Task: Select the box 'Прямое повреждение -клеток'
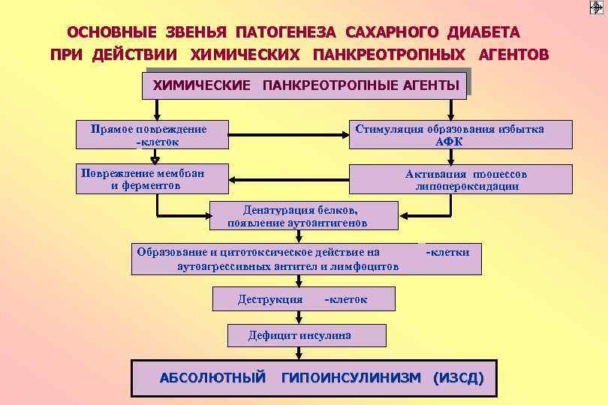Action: [152, 134]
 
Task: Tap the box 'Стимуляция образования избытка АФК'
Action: [449, 134]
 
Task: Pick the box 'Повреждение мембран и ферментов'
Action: [152, 178]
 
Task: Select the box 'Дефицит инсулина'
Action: [306, 335]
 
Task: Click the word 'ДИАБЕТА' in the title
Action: [483, 33]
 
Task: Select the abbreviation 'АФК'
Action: [449, 141]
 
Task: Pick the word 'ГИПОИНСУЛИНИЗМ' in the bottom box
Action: [351, 377]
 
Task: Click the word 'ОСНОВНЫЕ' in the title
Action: [112, 33]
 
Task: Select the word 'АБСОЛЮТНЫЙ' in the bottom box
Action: [212, 377]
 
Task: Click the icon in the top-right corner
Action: [597, 7]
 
